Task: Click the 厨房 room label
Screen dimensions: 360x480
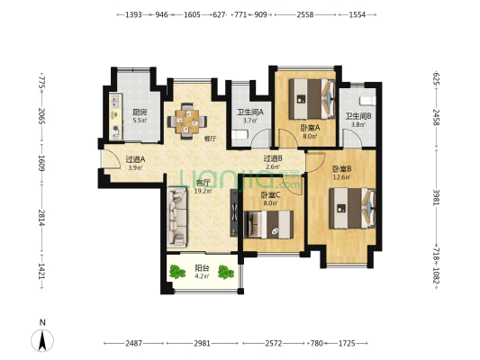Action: point(139,112)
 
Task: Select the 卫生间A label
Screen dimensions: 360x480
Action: point(250,112)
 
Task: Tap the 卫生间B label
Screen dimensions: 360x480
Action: point(358,116)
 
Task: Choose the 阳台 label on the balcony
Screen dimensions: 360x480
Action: point(203,267)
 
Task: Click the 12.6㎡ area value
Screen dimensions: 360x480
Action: point(341,177)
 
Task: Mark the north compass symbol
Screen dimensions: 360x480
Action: point(41,339)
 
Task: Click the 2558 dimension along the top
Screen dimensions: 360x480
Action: point(305,15)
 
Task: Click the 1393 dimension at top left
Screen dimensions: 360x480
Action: point(133,15)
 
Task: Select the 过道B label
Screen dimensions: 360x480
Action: point(273,158)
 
